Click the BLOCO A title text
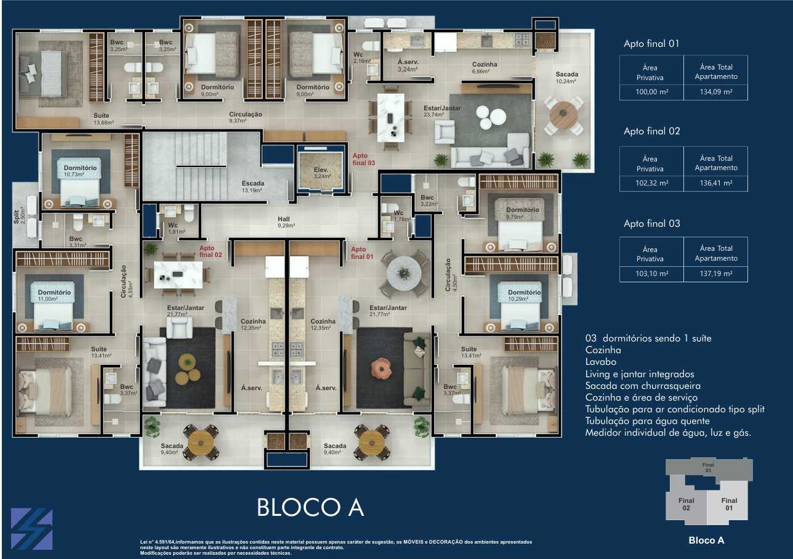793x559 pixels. pyautogui.click(x=310, y=507)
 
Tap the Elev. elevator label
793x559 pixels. pyautogui.click(x=321, y=173)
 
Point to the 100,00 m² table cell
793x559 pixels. pyautogui.click(x=651, y=92)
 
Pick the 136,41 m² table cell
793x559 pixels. pyautogui.click(x=715, y=183)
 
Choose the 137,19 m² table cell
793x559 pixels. pyautogui.click(x=715, y=274)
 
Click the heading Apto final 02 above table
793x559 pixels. pyautogui.click(x=651, y=131)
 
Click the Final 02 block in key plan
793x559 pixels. pyautogui.click(x=686, y=504)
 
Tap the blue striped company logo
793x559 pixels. pyautogui.click(x=31, y=529)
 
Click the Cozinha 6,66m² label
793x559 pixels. pyautogui.click(x=485, y=67)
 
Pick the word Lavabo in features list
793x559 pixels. pyautogui.click(x=600, y=362)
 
